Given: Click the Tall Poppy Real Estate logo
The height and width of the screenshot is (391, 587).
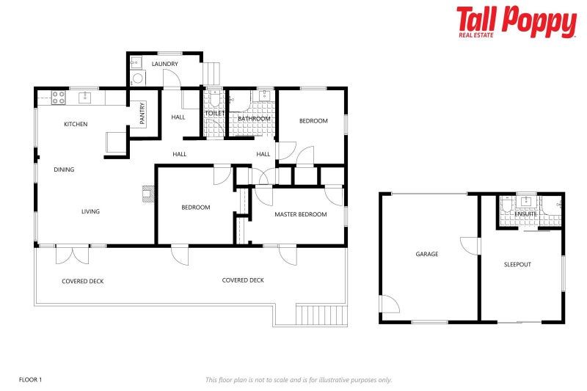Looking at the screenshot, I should pos(516,21).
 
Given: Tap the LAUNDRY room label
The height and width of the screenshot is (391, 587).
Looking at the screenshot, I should pos(165,64).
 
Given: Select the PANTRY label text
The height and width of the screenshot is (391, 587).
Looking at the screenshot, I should pos(142,113).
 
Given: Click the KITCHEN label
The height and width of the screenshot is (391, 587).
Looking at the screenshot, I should pos(76,124).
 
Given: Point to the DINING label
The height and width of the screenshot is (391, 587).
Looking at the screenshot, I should pos(64,169).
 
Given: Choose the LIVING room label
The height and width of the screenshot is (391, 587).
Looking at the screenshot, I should pos(90,211).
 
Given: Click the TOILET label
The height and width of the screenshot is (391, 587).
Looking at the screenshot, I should pos(215,114).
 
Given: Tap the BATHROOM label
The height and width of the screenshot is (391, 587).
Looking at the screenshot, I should pos(254,118).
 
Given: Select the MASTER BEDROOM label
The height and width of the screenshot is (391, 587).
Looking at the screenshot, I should pos(300,214).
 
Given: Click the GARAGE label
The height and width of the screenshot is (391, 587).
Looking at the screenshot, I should pos(427,254).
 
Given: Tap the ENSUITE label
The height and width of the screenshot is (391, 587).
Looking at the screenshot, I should pos(525,213).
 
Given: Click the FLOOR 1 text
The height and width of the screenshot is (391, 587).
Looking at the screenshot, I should pos(31,379).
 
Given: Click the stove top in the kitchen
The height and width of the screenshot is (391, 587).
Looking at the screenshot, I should pos(58,96).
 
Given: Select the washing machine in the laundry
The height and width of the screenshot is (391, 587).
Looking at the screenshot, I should pos(138,79).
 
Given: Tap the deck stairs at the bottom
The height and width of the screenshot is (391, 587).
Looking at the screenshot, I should pos(320,314).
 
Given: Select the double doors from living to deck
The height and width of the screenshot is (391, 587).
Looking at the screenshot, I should pos(72,253).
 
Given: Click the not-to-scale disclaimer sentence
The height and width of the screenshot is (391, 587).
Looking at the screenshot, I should pos(299,379).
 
